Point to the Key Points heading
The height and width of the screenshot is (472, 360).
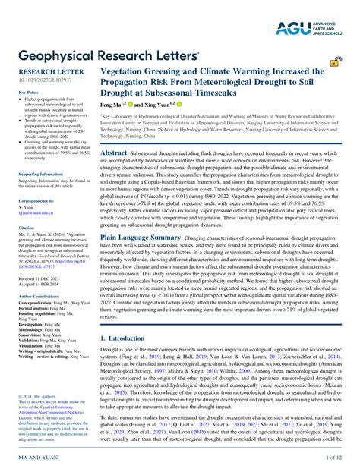pos(28,91)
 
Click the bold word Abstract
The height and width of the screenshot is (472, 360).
pos(114,153)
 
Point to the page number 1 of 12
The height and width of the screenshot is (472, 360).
pos(335,458)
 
